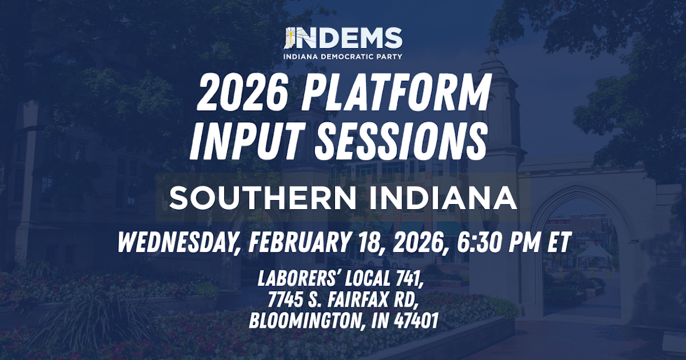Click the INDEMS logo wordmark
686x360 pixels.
(344, 38)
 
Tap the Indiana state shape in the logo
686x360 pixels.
(290, 38)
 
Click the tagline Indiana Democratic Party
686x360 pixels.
(343, 56)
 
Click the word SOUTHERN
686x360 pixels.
(263, 198)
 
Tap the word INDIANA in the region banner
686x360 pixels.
(443, 198)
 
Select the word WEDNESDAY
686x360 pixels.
(177, 242)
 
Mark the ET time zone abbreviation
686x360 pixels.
(560, 242)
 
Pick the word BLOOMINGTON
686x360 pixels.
(307, 321)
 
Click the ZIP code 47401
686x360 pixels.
(416, 320)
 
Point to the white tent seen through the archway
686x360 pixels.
(595, 254)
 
